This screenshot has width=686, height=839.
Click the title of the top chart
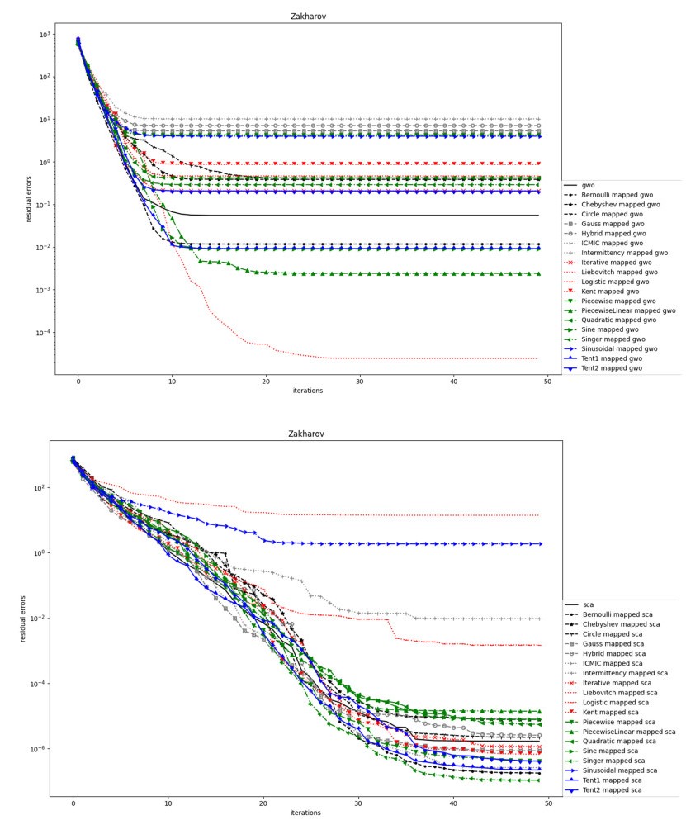308,17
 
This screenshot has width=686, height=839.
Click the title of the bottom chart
305,434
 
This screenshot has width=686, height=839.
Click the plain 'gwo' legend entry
589,186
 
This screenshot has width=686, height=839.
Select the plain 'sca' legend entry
588,605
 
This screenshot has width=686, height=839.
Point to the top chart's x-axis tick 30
361,381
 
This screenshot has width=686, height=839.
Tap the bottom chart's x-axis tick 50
548,803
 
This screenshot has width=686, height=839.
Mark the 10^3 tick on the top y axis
43,35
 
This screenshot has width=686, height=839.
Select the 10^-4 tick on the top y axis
41,333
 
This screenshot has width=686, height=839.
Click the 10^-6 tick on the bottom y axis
36,749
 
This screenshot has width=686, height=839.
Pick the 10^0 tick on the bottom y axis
38,553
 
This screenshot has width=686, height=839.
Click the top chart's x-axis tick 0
78,381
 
